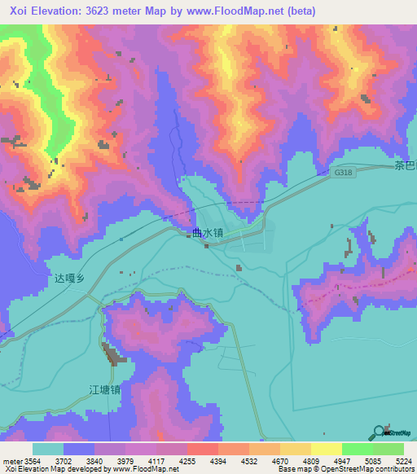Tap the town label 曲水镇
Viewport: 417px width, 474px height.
[208, 233]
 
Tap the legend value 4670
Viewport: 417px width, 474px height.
[280, 459]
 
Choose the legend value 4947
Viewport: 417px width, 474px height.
[342, 459]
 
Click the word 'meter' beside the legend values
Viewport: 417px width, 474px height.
[12, 459]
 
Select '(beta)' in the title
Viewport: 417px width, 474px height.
[300, 11]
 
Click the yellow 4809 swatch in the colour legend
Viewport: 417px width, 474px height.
[296, 448]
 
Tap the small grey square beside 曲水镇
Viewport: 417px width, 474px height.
[186, 232]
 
